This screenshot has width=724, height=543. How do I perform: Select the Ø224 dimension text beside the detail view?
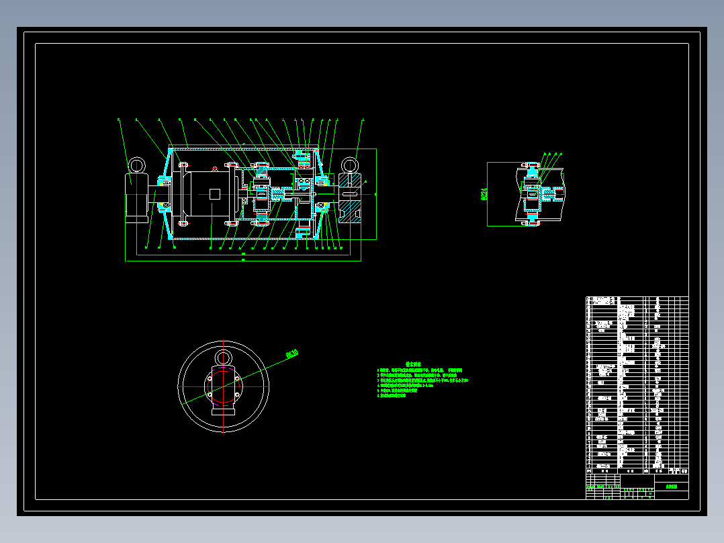[484, 194]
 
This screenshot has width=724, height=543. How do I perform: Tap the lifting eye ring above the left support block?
[137, 165]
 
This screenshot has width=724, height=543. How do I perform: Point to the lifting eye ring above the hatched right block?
[349, 165]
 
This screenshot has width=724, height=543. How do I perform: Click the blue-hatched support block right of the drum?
[351, 198]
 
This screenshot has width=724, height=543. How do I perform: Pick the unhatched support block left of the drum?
[137, 198]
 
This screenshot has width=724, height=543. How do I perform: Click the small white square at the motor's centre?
[214, 194]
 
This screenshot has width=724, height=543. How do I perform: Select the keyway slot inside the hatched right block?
[351, 195]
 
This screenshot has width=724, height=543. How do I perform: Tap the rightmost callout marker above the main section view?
[363, 120]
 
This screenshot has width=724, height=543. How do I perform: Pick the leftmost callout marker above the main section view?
[119, 120]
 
